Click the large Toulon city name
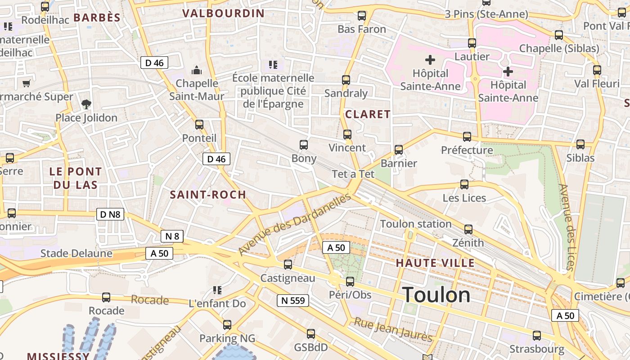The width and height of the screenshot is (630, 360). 436,295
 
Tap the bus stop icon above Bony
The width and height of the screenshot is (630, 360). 304,145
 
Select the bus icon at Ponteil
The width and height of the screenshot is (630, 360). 199,125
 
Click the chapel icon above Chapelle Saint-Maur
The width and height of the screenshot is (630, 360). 197,70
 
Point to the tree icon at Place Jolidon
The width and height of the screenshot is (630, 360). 86,104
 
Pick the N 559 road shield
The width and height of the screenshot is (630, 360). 292,301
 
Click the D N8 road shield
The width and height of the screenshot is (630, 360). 110,214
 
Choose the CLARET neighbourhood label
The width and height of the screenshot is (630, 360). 368,114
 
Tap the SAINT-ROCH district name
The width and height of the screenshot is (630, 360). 208,195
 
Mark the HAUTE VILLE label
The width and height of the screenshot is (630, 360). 435,263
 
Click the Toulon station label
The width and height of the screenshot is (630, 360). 416,224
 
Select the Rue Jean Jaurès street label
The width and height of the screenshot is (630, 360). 393,330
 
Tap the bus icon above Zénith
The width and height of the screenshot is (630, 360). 468,229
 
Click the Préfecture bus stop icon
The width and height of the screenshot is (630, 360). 467,136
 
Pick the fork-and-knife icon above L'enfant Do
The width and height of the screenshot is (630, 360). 217,290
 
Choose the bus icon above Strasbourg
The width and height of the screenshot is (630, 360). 537,335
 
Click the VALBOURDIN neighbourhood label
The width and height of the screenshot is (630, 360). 223,13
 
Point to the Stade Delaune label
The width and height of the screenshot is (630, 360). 76,253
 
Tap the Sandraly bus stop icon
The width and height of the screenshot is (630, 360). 346,80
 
